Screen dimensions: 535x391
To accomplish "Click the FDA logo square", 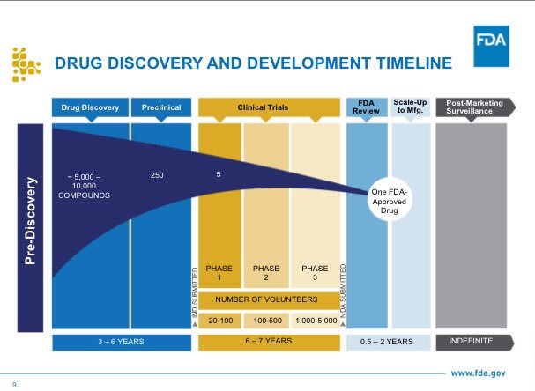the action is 491,46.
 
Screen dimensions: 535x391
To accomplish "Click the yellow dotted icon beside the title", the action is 26,65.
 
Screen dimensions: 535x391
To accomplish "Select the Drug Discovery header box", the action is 91,107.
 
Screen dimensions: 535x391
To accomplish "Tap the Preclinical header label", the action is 161,107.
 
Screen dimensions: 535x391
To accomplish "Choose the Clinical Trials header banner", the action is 269,107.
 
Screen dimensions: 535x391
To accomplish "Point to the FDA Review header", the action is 367,107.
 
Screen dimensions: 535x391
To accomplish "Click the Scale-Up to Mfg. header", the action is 411,107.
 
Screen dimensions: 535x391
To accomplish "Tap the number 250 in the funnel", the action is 157,175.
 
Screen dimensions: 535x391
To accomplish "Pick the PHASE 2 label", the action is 266,273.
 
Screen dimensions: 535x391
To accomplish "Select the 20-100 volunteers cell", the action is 220,321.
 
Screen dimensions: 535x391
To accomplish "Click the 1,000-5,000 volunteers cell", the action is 316,321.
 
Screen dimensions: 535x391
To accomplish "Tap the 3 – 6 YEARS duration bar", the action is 122,343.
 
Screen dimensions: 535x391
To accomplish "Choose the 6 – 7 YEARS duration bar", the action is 269,343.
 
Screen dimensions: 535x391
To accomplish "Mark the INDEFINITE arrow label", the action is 474,343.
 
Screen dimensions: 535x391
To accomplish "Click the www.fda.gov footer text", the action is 478,373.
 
